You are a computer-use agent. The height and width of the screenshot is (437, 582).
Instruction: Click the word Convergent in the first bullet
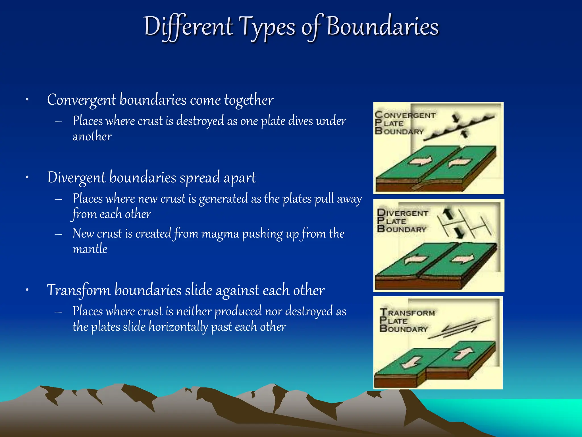pos(81,100)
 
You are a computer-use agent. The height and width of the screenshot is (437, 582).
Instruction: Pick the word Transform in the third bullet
pos(78,290)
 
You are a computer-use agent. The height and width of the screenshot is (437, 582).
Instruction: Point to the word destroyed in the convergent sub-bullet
pos(200,121)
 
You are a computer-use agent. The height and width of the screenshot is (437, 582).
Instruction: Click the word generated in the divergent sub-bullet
pos(223,199)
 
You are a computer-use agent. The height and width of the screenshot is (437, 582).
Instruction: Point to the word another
pos(92,137)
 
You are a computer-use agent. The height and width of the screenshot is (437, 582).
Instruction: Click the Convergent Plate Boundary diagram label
pos(404,123)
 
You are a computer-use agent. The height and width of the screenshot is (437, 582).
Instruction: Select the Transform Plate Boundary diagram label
pos(406,320)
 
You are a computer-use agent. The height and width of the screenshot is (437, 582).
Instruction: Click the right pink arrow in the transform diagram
pos(463,354)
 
